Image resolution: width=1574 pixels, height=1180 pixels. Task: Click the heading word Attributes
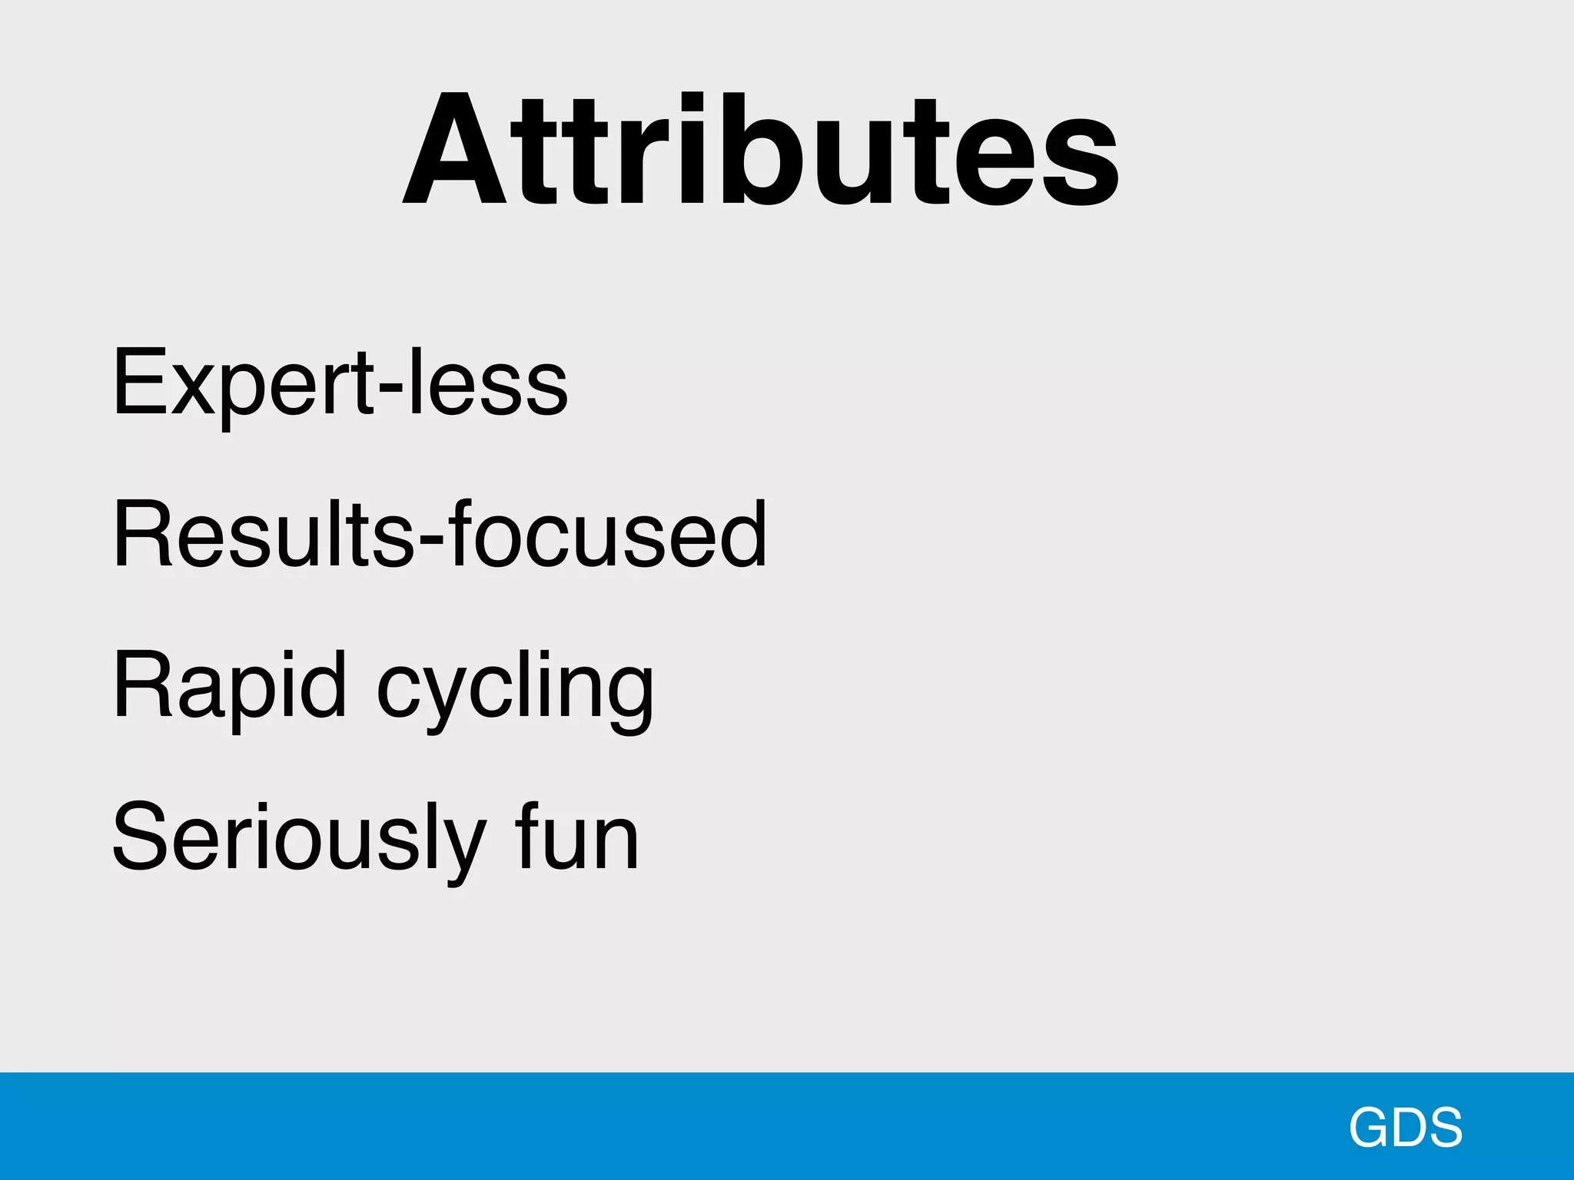point(761,150)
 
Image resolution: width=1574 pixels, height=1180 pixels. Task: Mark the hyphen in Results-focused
point(430,540)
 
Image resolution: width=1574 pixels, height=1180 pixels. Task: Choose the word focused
point(607,534)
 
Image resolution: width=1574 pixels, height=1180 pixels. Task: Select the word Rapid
point(230,684)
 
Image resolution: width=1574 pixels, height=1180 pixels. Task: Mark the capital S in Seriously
point(139,835)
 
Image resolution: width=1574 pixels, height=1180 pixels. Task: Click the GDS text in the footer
point(1406,1127)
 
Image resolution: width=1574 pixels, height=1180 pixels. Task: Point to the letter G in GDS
point(1371,1127)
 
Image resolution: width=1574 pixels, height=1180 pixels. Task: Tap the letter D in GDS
point(1410,1127)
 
